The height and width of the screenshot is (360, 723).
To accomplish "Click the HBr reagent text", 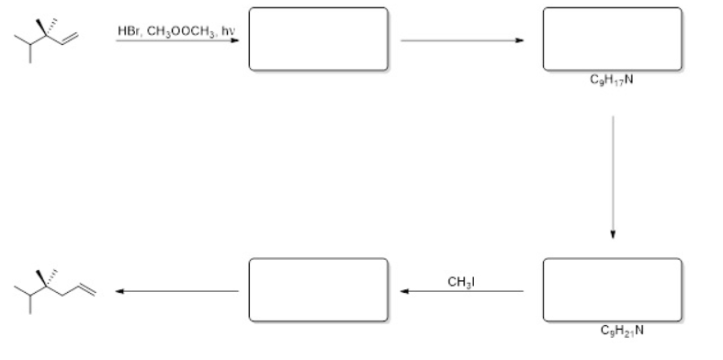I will pos(128,32).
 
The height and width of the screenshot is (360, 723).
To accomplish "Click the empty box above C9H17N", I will pos(612,39).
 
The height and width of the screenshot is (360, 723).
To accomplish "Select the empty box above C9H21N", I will pos(612,291).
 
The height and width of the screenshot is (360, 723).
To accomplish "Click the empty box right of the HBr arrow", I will pos(318,39).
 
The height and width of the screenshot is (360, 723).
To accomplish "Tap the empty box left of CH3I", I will pos(318,291).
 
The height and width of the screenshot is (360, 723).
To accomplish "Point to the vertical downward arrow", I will pos(613,174).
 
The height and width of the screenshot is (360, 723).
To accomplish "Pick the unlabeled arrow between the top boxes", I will pos(464,41).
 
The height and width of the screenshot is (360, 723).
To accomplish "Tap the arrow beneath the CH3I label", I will pos(462,292).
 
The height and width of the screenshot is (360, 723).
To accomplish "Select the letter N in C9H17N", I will pos(627,80).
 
